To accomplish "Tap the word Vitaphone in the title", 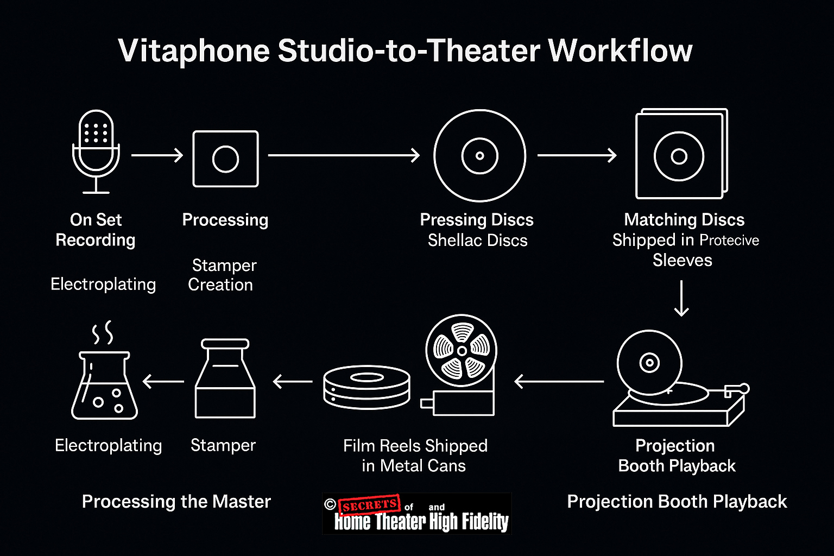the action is pyautogui.click(x=194, y=51).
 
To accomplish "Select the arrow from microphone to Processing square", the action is pyautogui.click(x=157, y=155).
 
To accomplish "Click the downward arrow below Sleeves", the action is pyautogui.click(x=681, y=298).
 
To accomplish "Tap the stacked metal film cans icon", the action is pyautogui.click(x=367, y=387).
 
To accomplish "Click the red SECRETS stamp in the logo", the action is pyautogui.click(x=369, y=504).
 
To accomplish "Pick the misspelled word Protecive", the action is pyautogui.click(x=729, y=240).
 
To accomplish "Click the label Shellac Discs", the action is pyautogui.click(x=477, y=240).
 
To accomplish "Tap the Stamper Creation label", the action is pyautogui.click(x=222, y=275).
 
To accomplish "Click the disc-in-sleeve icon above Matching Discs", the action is pyautogui.click(x=681, y=154).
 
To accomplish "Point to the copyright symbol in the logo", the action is pyautogui.click(x=330, y=504).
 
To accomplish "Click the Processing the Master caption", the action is pyautogui.click(x=176, y=501).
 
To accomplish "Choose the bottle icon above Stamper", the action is pyautogui.click(x=225, y=378).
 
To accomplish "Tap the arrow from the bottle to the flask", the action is pyautogui.click(x=163, y=381).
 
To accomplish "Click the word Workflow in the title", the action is pyautogui.click(x=620, y=50).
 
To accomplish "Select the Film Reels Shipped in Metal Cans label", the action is pyautogui.click(x=415, y=456).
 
